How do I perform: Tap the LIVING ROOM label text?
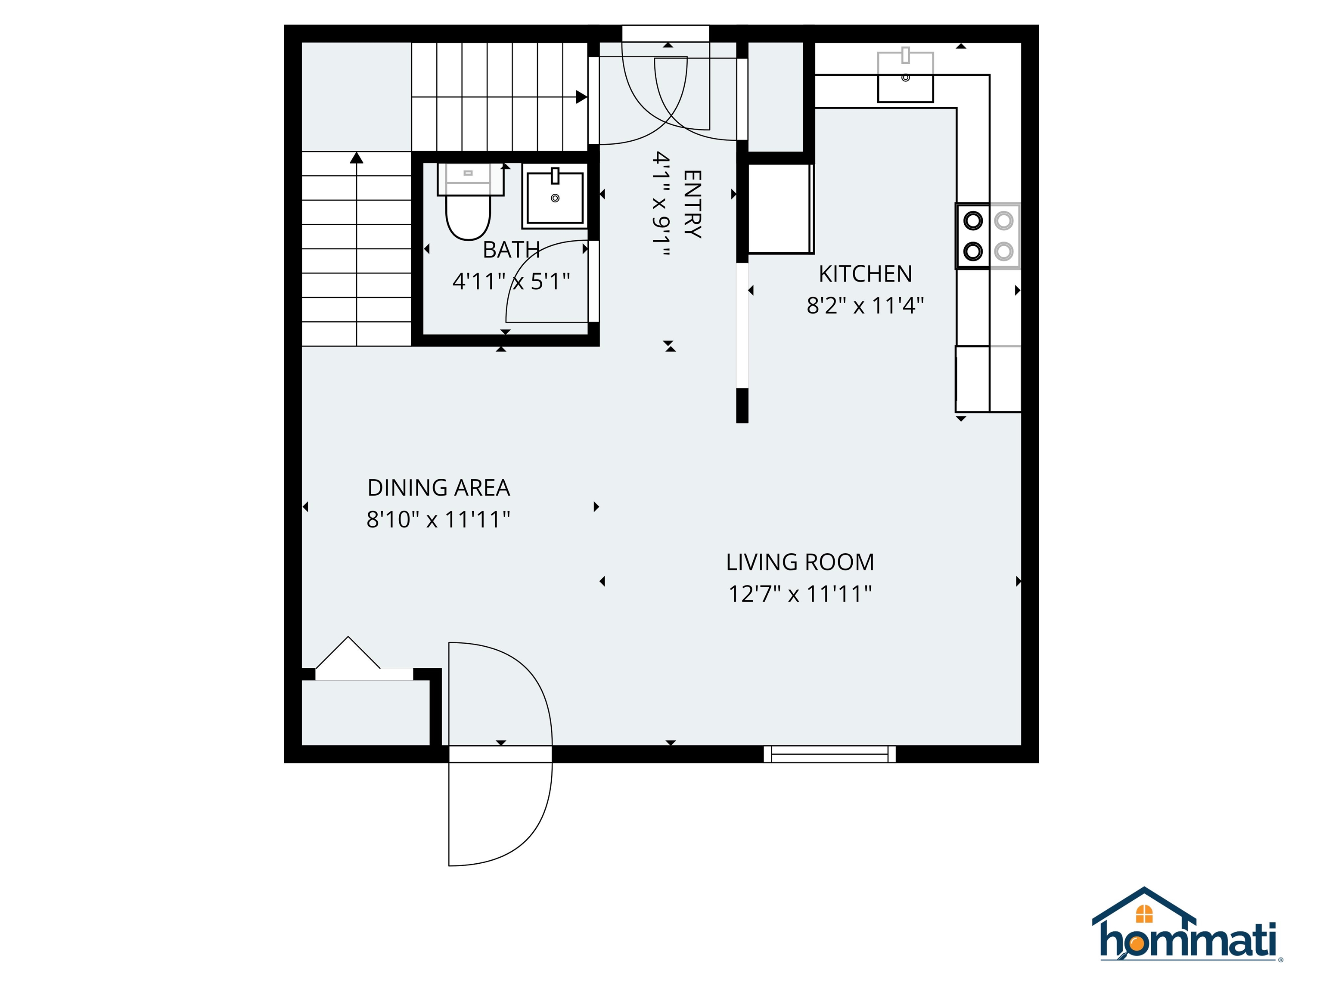tap(800, 562)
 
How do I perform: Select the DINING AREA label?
tap(438, 488)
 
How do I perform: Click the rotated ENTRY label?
tap(692, 204)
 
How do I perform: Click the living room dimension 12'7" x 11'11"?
tap(800, 594)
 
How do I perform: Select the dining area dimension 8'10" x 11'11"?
tap(438, 520)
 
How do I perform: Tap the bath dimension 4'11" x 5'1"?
tap(511, 281)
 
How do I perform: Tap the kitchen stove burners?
tap(988, 236)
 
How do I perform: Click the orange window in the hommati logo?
tap(1144, 914)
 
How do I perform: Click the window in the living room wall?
tap(829, 754)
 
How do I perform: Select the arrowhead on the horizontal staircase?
tap(581, 97)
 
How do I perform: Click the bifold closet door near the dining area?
tap(348, 653)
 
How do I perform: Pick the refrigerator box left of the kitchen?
tap(780, 209)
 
